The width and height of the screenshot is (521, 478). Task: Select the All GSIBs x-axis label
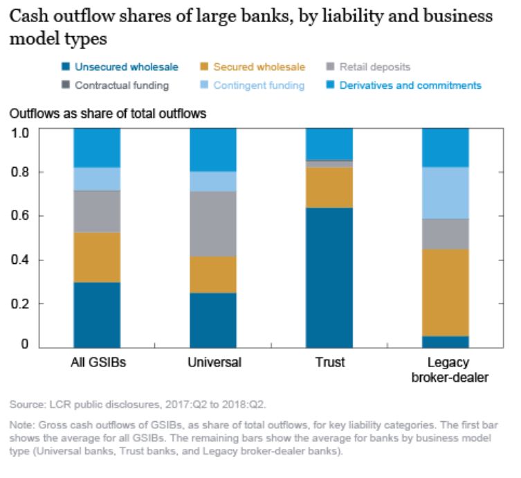[x=97, y=362]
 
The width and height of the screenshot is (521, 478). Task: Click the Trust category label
[x=329, y=362]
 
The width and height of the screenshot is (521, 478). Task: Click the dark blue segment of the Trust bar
[x=329, y=277]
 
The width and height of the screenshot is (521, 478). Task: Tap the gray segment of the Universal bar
[x=213, y=224]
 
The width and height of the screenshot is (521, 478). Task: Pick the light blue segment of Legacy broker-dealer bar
[x=445, y=193]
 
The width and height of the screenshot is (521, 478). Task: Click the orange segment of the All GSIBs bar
[x=97, y=257]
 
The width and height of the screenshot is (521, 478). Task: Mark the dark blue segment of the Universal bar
[x=213, y=320]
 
